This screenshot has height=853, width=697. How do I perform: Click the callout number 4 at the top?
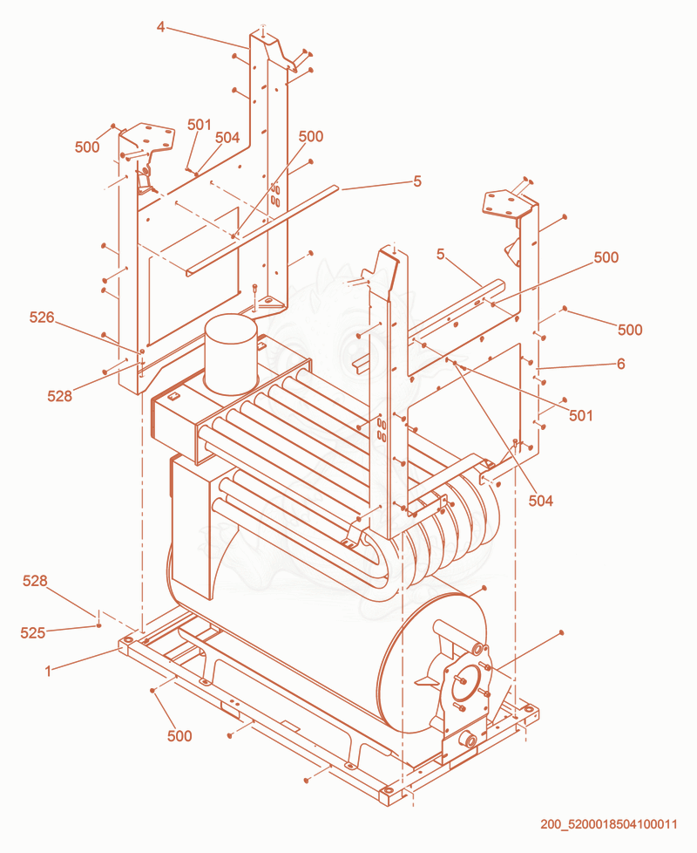160,26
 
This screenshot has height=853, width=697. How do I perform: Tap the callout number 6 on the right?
621,364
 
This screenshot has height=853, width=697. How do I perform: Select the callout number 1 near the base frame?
48,672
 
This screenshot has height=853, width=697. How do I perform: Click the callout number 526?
42,317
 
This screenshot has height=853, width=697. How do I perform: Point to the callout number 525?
32,632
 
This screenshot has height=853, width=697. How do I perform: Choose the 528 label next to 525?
35,581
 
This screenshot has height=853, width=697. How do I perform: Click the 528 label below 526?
59,396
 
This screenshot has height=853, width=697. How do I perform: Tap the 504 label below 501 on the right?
540,501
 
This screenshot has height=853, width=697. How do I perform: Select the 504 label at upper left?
227,138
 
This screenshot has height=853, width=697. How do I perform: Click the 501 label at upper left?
200,125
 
